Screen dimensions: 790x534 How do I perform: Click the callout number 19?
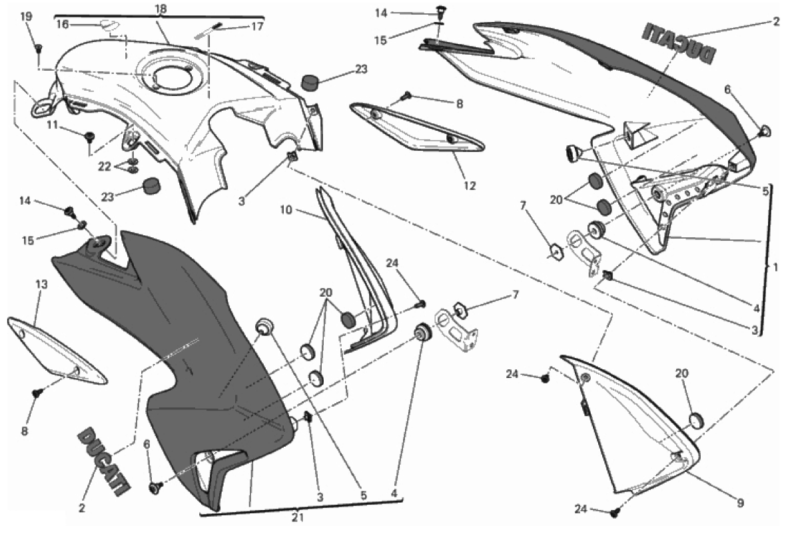coord(26,17)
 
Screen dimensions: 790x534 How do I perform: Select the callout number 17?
coord(257,26)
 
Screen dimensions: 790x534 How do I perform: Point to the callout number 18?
coord(161,9)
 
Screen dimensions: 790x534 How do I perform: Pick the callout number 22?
coord(105,166)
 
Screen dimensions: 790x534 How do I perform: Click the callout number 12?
coord(469,186)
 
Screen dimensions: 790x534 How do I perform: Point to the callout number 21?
coord(298,517)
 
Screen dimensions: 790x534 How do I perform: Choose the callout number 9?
coord(740,503)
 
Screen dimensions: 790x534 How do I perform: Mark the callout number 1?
coord(775,268)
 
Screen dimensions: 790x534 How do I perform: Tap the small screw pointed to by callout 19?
coord(38,48)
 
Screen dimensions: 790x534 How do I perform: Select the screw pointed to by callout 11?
coord(90,136)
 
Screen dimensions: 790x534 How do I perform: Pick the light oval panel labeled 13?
coord(55,351)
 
